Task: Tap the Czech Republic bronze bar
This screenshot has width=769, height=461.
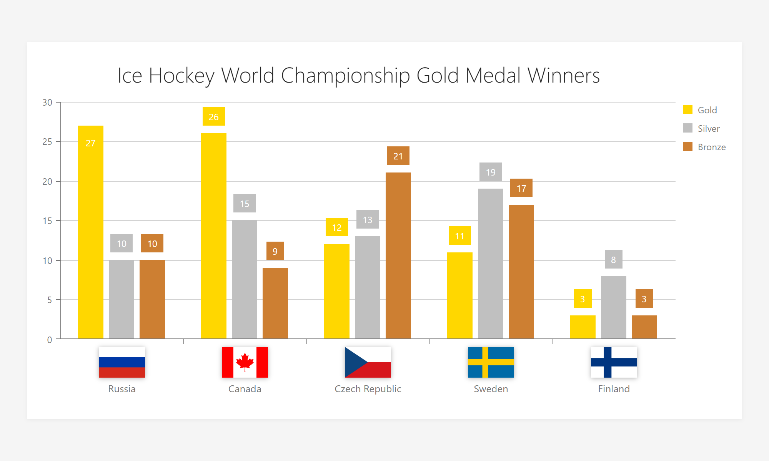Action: tap(398, 255)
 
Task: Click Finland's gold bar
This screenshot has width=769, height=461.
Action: tap(583, 327)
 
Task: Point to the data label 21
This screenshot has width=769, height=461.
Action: tap(398, 156)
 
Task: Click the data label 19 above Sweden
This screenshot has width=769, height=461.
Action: tap(491, 172)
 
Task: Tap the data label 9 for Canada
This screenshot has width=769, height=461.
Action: tap(275, 251)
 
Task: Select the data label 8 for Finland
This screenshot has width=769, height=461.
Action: tap(614, 260)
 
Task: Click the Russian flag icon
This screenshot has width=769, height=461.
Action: tap(122, 362)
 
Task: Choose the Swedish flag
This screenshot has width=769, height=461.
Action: tap(491, 362)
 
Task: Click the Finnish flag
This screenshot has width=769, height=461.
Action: tap(614, 362)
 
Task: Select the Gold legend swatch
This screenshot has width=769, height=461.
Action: tap(688, 110)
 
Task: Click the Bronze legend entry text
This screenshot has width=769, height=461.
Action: tap(712, 147)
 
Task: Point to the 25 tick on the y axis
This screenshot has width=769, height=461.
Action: tap(47, 142)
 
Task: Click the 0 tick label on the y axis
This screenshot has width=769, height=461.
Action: tap(50, 340)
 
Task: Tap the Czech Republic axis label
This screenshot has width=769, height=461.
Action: tap(368, 389)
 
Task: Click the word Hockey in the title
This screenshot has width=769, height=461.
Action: tap(181, 75)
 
